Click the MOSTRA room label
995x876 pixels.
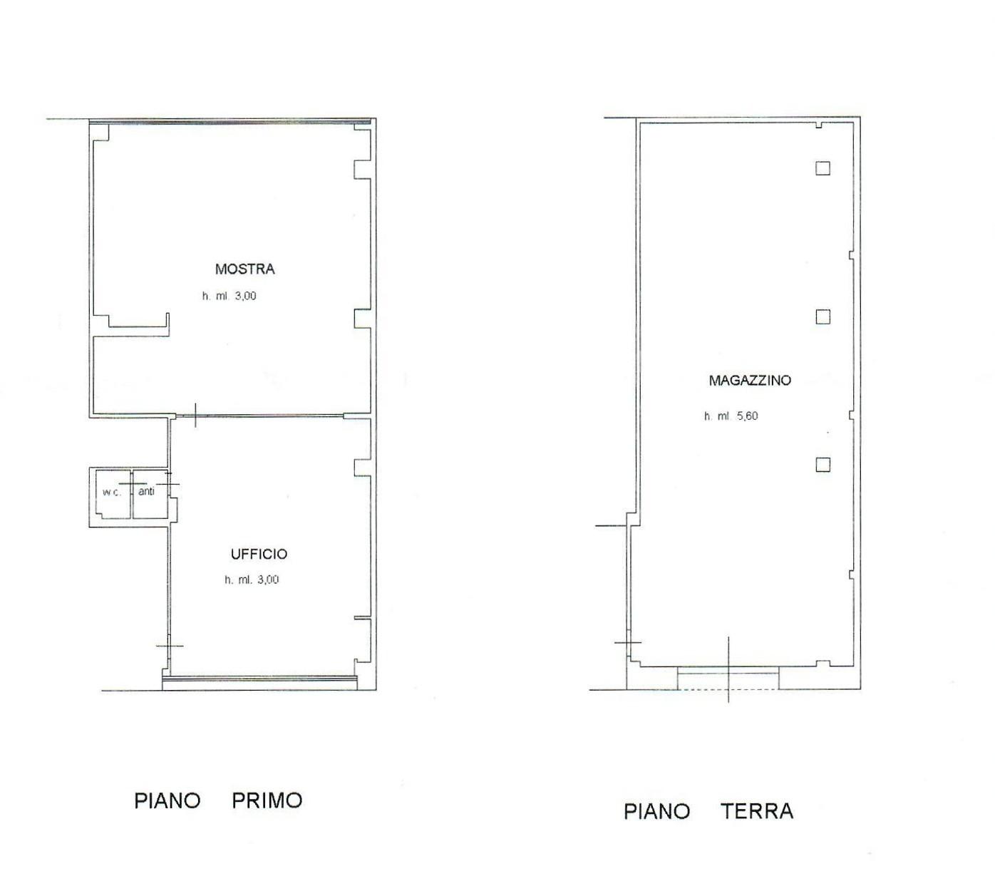[244, 269]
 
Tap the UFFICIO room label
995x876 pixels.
[259, 555]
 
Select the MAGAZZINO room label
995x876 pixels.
[749, 381]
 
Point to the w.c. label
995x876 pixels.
[111, 493]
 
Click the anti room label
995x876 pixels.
[146, 491]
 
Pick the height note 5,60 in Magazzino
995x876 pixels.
[731, 416]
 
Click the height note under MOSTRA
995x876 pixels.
[229, 296]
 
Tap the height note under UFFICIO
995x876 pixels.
[252, 580]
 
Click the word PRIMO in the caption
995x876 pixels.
[267, 800]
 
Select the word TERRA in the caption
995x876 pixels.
[756, 811]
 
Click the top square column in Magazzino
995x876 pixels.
[823, 169]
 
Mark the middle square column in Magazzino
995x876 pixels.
[823, 317]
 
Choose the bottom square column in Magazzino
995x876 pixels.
[823, 465]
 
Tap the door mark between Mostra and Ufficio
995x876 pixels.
[195, 416]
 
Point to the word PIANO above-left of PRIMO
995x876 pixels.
[167, 800]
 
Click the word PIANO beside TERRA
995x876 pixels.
[656, 811]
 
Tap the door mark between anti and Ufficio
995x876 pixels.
[169, 484]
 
